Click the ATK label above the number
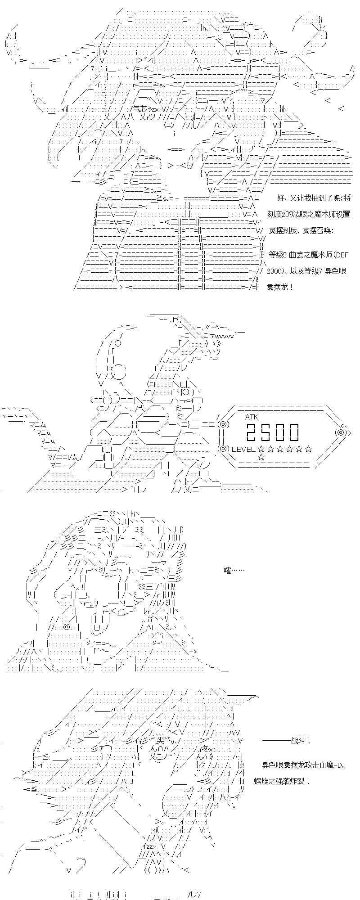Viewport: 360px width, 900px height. point(252,417)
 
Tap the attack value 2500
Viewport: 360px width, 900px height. point(272,432)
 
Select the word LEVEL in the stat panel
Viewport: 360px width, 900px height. point(243,449)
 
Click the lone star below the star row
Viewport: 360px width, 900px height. point(261,457)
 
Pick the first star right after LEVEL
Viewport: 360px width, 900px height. point(261,449)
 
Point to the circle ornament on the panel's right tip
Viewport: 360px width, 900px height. point(341,432)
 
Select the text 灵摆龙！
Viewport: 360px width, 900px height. point(280,287)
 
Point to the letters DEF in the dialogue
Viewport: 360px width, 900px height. point(342,255)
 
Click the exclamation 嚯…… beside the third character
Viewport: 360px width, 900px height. point(234,571)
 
